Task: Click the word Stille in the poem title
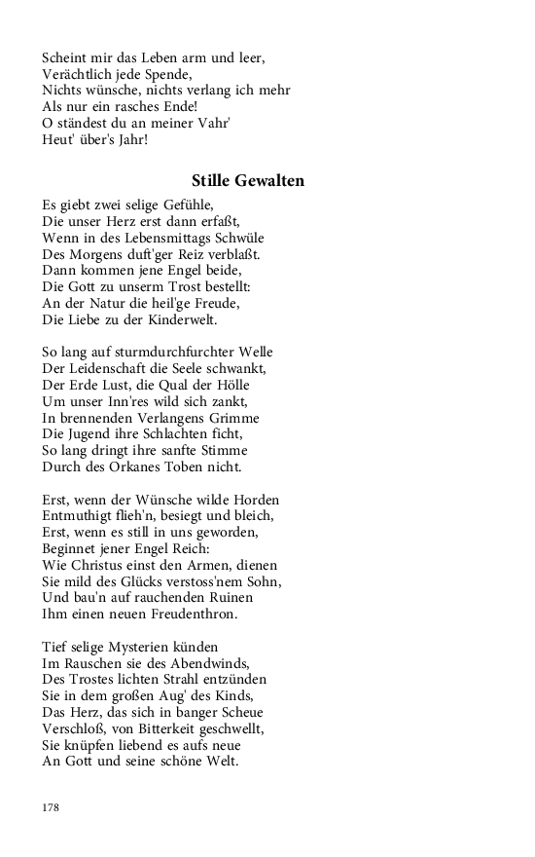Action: point(213,181)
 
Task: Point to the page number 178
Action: point(52,807)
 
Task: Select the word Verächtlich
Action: point(75,74)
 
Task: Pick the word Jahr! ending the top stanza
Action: point(127,140)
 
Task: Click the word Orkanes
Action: point(119,467)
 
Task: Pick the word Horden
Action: point(257,500)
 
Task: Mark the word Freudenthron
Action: point(185,615)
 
